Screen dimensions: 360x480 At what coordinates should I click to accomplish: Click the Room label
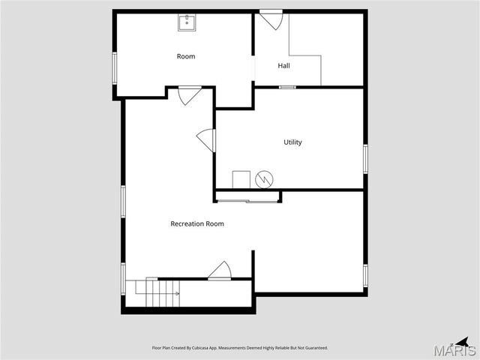(x=185, y=56)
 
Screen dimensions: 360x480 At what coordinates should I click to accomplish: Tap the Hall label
(x=283, y=66)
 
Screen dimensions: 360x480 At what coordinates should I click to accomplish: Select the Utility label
(x=292, y=142)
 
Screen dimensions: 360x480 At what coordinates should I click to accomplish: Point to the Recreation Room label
(x=197, y=223)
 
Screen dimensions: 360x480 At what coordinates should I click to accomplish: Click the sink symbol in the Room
(x=187, y=22)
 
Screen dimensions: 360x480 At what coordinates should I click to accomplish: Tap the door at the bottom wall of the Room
(x=188, y=95)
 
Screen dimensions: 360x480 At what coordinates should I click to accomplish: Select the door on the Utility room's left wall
(x=206, y=140)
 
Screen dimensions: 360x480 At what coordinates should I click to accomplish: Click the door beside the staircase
(x=220, y=271)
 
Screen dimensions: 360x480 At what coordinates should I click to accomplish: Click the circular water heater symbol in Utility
(x=264, y=179)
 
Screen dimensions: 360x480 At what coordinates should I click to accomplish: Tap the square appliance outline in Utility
(x=241, y=180)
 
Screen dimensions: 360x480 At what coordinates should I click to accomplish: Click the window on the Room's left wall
(x=114, y=68)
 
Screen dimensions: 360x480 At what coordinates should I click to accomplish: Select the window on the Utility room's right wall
(x=365, y=159)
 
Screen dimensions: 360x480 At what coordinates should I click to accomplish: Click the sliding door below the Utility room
(x=247, y=200)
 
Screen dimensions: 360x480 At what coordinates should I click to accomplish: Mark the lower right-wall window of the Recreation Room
(x=365, y=275)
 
